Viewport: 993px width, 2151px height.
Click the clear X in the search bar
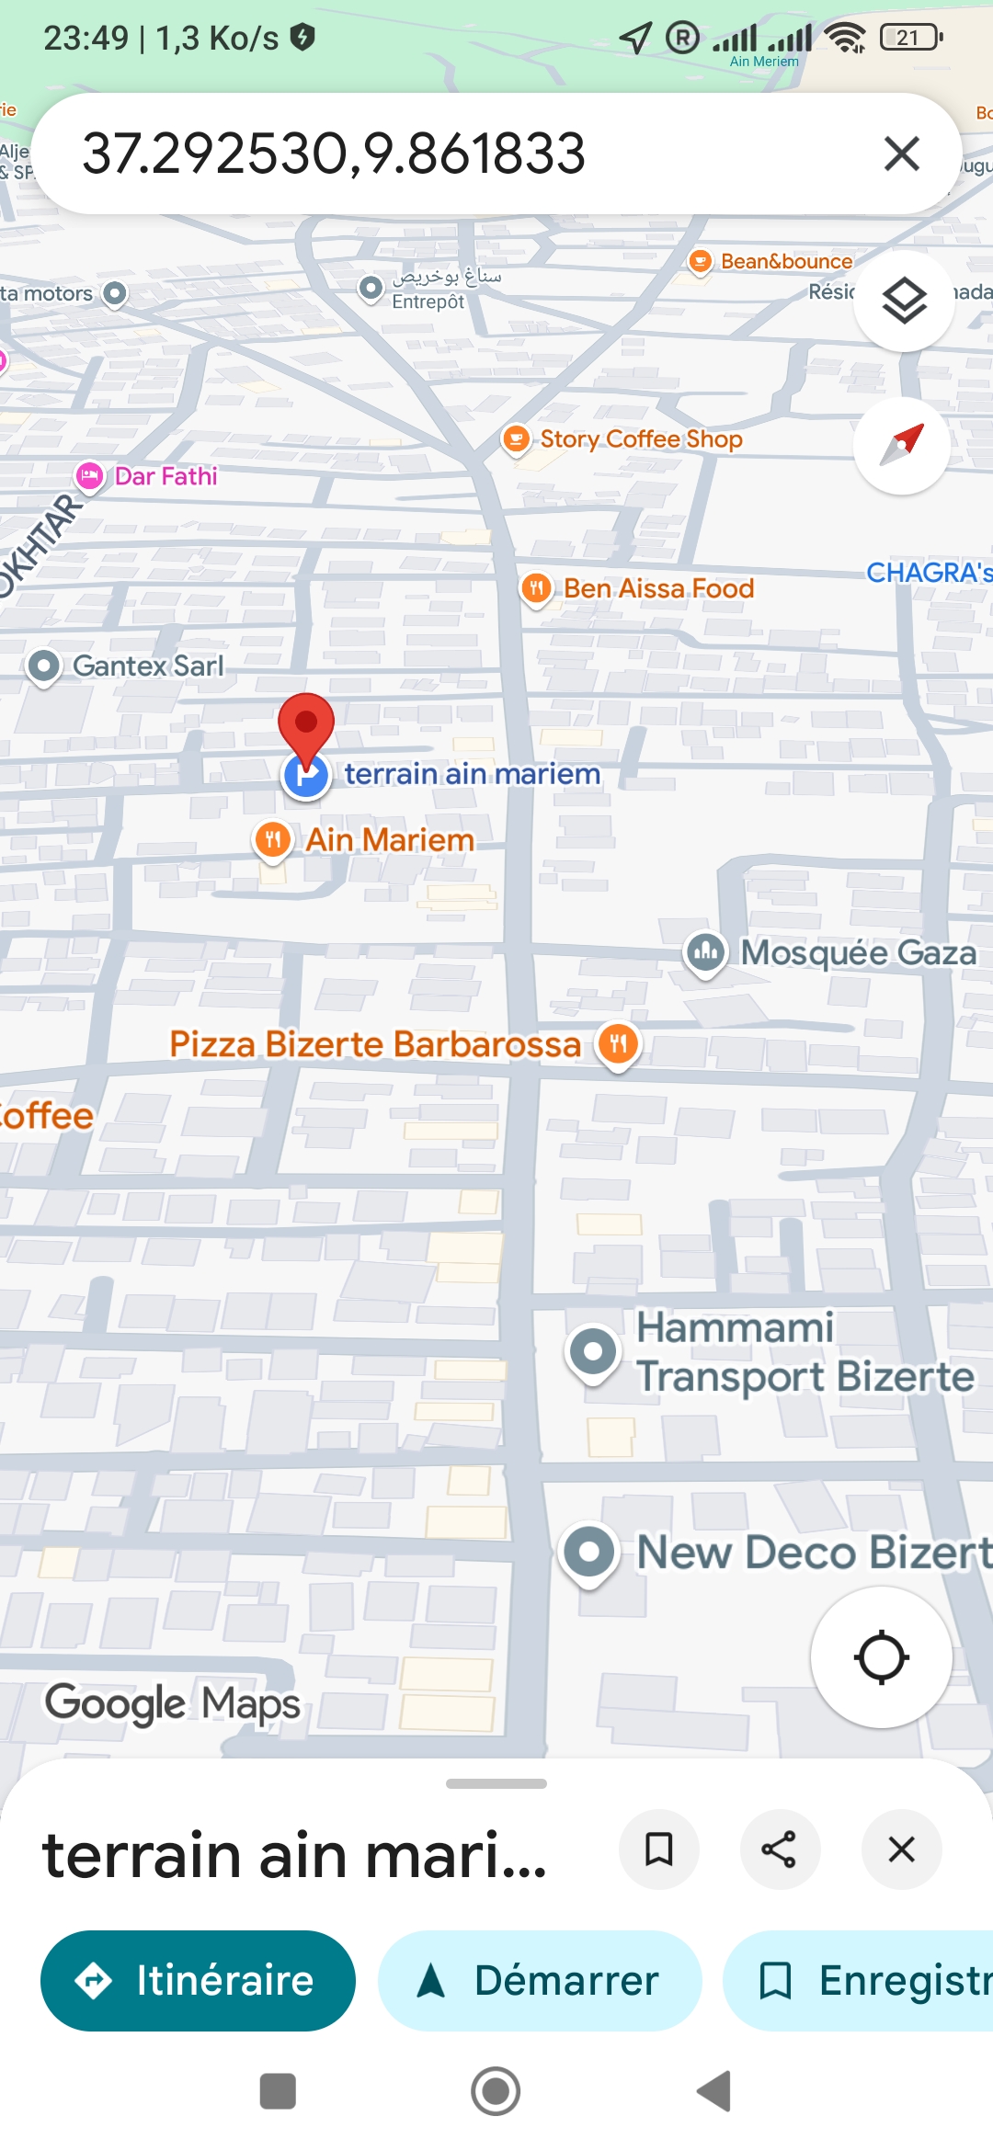pos(901,154)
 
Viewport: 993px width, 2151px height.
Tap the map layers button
pos(904,301)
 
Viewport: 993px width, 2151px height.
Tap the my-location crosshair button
pos(881,1657)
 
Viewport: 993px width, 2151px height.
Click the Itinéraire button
pos(198,1980)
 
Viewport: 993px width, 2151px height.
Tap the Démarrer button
pos(540,1980)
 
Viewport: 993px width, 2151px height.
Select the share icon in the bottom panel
pos(779,1849)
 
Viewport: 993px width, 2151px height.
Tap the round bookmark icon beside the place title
pos(659,1849)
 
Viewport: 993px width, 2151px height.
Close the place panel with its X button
pos(901,1849)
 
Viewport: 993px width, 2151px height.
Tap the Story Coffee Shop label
pos(641,439)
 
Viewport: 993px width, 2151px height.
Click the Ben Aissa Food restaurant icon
pos(536,588)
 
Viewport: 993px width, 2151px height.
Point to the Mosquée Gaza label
pos(858,952)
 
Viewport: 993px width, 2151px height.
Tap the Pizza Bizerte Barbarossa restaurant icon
pos(618,1044)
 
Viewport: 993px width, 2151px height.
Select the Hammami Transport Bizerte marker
pos(593,1351)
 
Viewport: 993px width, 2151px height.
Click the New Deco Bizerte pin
pos(588,1552)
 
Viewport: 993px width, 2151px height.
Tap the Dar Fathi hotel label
pos(165,476)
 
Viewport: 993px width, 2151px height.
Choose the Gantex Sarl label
pos(147,666)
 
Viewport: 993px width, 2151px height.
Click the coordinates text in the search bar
pos(334,154)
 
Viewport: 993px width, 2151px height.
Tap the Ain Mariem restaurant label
pos(390,839)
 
